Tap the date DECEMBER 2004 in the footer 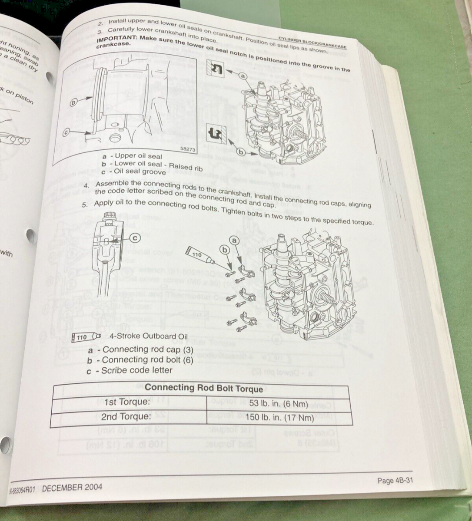[72, 487]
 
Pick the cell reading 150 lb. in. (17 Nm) [279, 418]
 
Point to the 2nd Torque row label [126, 416]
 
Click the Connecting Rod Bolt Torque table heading [204, 388]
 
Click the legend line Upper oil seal [133, 156]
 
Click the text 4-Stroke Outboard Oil [149, 336]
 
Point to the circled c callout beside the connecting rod [135, 237]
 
